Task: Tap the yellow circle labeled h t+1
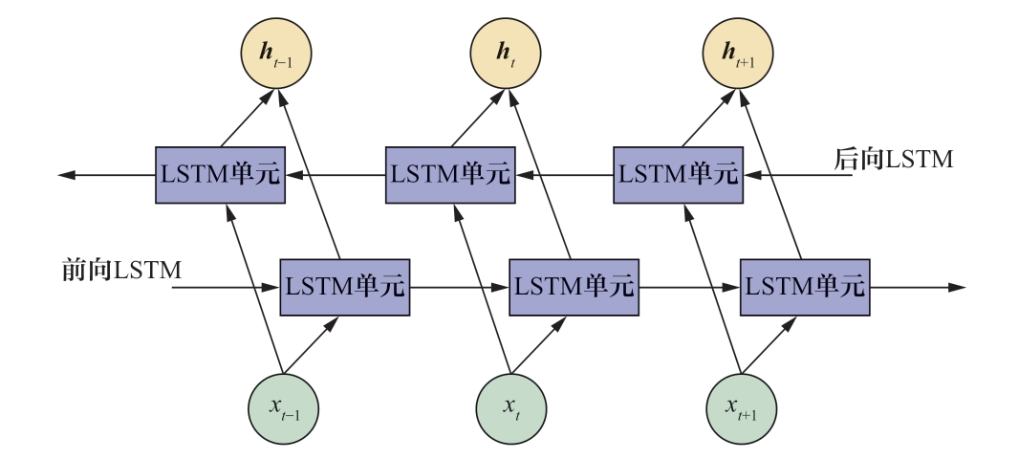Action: click(737, 53)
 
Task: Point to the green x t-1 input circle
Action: click(282, 409)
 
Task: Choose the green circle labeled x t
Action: click(511, 409)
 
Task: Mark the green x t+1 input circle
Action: click(741, 409)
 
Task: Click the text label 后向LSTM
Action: click(894, 160)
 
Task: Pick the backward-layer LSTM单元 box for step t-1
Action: click(221, 175)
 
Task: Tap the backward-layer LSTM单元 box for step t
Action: click(450, 175)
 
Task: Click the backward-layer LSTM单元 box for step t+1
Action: click(678, 175)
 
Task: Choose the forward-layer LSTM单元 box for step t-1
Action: click(344, 286)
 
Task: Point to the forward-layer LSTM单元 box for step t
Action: click(574, 286)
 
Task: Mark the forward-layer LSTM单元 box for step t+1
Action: click(805, 286)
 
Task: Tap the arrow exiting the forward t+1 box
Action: click(918, 286)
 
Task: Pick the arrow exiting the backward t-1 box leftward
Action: click(105, 175)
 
